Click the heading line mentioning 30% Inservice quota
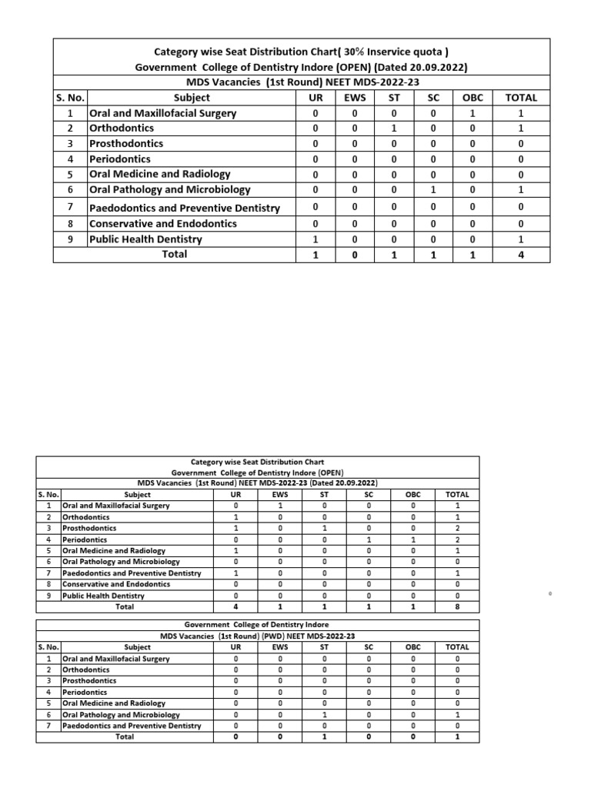pyautogui.click(x=302, y=52)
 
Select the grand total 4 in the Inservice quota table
pyautogui.click(x=521, y=254)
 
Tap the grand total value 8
pyautogui.click(x=457, y=606)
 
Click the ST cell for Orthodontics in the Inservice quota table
pyautogui.click(x=393, y=129)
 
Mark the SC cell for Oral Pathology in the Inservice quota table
pyautogui.click(x=433, y=189)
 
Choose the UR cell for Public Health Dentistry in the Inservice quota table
pyautogui.click(x=316, y=239)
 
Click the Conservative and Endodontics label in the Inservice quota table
pyautogui.click(x=163, y=224)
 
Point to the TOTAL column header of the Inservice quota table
pyautogui.click(x=521, y=98)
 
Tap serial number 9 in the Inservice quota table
pyautogui.click(x=70, y=239)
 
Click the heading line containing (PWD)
pyautogui.click(x=257, y=636)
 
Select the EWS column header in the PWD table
pyautogui.click(x=279, y=648)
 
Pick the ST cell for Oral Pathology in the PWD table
pyautogui.click(x=324, y=714)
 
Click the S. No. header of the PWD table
pyautogui.click(x=48, y=648)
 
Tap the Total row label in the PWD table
pyautogui.click(x=124, y=736)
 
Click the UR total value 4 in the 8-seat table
pyautogui.click(x=235, y=606)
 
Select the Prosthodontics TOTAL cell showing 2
pyautogui.click(x=457, y=529)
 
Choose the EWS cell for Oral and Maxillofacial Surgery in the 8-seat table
pyautogui.click(x=279, y=506)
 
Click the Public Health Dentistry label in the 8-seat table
pyautogui.click(x=103, y=596)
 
